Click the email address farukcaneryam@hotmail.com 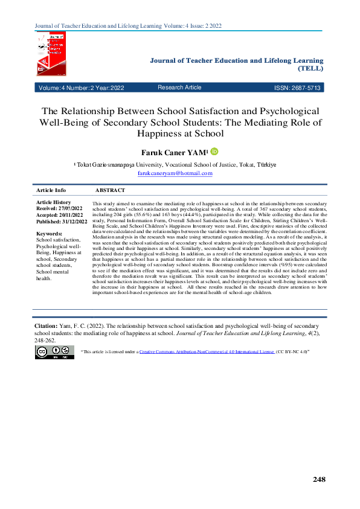pos(175,173)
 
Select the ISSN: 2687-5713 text pos(298,88)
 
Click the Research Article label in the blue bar pos(179,88)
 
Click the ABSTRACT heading pos(111,190)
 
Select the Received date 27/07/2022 pos(72,208)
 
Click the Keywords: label pos(50,234)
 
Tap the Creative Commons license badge pos(55,353)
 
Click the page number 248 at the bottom pos(319,479)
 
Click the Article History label pos(54,202)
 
